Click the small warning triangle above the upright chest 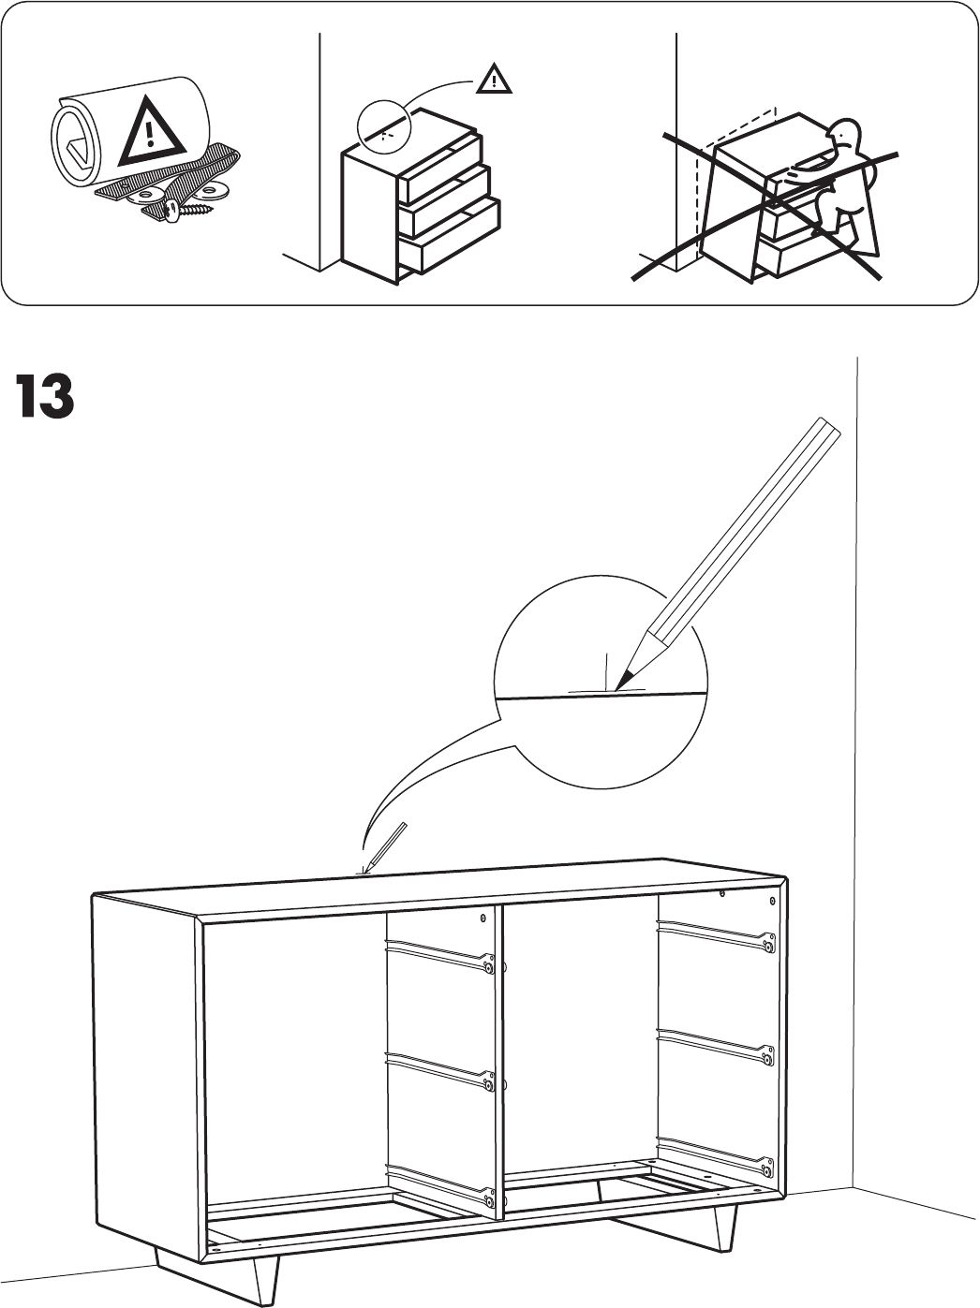[x=493, y=81]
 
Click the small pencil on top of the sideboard [x=385, y=846]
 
